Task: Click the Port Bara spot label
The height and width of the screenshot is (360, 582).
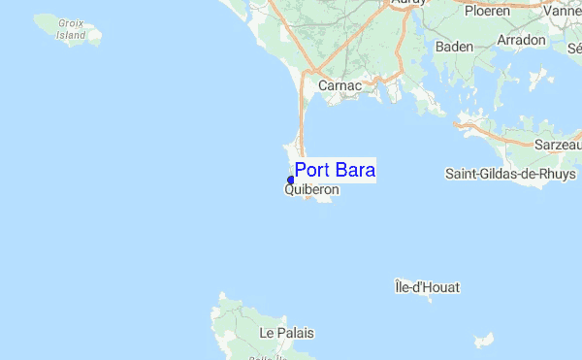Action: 335,170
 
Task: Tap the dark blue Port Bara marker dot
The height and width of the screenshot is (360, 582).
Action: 291,180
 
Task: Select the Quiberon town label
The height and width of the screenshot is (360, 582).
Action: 311,190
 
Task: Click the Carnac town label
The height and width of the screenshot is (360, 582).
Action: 339,85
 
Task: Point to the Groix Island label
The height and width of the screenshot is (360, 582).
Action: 71,28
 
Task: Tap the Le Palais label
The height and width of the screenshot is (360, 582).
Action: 287,332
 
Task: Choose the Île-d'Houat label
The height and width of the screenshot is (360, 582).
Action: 427,286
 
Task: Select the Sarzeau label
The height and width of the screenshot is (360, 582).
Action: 558,144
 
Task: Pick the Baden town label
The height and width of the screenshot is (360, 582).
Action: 454,47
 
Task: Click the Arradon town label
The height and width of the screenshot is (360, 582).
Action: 522,42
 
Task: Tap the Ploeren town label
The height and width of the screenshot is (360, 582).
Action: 487,11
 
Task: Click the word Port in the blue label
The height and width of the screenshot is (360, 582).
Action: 313,170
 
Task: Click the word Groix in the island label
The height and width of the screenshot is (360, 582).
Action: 71,22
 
